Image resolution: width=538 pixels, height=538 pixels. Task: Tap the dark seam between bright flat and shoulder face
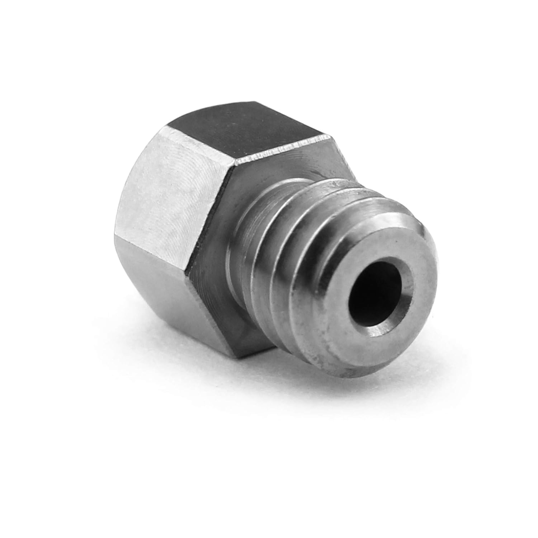pos(212,230)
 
